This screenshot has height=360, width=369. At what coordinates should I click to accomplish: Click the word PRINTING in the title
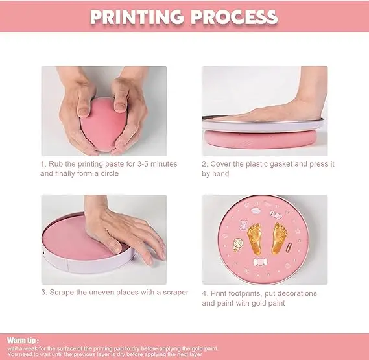(137, 17)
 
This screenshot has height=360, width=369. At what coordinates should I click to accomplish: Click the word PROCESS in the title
(234, 17)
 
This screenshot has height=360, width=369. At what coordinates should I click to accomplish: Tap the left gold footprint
(255, 238)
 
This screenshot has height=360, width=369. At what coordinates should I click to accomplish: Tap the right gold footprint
(280, 238)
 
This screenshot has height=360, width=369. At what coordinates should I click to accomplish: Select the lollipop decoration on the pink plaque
(237, 245)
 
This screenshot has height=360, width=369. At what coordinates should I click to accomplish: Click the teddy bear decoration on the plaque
(243, 225)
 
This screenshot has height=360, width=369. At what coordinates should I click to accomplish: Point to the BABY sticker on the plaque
(276, 215)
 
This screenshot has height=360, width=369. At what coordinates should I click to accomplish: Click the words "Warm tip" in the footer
(21, 341)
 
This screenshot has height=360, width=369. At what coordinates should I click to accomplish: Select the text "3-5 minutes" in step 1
(157, 164)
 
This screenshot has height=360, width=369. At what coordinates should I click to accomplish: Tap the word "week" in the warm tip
(30, 348)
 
